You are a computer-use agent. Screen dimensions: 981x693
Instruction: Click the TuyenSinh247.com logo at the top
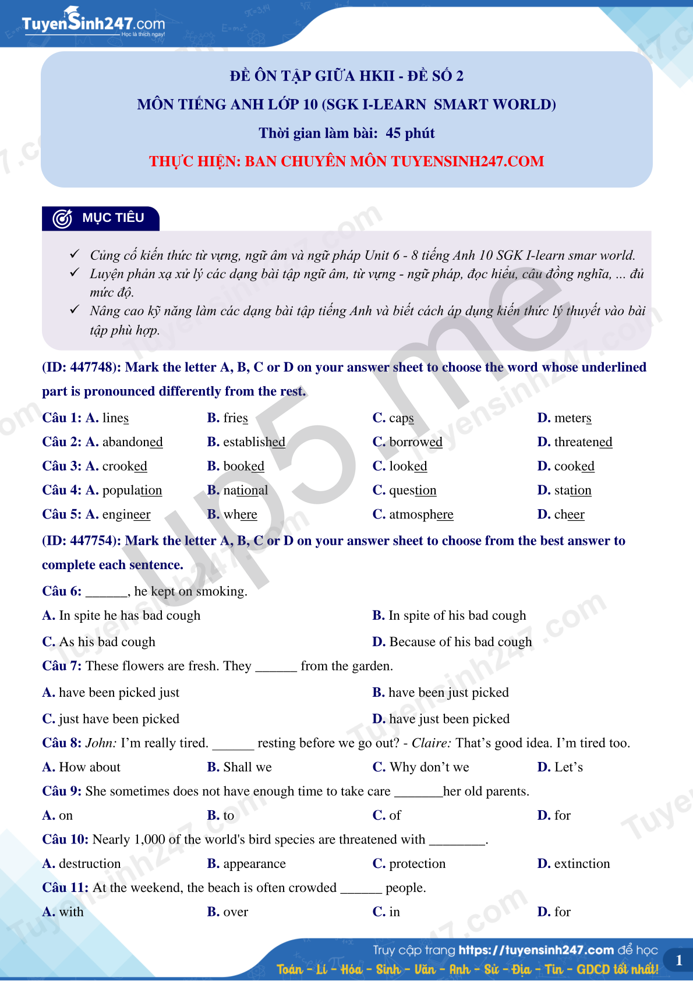pos(93,23)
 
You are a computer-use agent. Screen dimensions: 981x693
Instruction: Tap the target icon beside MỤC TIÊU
pos(62,218)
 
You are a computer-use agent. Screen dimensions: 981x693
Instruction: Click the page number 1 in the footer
pos(678,961)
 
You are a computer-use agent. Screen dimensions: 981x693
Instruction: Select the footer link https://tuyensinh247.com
pos(536,950)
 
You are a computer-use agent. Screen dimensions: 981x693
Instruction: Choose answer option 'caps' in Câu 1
pos(401,418)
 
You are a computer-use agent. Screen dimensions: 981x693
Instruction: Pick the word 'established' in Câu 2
pos(254,442)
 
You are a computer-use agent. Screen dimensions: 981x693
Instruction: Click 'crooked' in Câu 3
pos(125,467)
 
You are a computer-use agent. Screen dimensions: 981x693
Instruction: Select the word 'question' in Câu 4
pos(412,490)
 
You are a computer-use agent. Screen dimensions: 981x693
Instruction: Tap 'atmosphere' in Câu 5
pos(421,514)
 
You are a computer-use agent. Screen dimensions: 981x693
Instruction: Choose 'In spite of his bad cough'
pos(457,616)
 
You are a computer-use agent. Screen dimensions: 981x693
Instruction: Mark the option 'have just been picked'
pos(449,719)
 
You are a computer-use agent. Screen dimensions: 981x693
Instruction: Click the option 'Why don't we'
pos(429,767)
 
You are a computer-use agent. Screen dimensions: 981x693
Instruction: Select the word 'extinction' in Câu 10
pos(582,863)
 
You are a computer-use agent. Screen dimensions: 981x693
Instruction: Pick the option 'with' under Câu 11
pos(71,912)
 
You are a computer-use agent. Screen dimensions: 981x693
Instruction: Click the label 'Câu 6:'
pos(62,591)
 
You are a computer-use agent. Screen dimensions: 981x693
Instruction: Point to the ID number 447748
pos(91,368)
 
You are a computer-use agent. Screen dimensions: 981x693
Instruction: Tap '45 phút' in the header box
pos(410,133)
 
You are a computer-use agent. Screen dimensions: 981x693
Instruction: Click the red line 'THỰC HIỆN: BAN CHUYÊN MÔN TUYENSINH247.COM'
pos(346,161)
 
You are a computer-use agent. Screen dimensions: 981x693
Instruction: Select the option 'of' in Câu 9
pos(395,816)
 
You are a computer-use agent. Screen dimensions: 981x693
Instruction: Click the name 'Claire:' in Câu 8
pos(432,743)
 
